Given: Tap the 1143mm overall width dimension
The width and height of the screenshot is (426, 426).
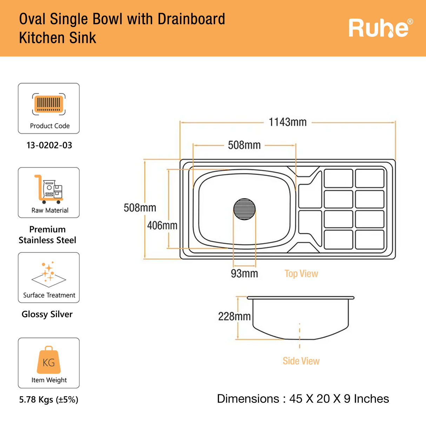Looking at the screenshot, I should tap(287, 122).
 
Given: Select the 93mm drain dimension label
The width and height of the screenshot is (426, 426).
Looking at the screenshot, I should tap(244, 273).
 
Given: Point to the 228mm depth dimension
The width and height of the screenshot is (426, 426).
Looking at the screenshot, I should tap(234, 316).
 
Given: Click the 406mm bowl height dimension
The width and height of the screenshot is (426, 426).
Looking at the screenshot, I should tap(162, 225).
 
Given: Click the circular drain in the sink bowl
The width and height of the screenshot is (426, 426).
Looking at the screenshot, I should tap(245, 209).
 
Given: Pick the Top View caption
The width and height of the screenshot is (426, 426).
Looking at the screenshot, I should tap(301, 274).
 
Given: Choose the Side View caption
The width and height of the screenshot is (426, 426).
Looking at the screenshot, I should tap(301, 361).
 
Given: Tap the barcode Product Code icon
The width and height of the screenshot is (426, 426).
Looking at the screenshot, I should tap(49, 104).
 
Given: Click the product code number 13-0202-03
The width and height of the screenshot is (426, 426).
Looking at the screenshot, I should tap(49, 145).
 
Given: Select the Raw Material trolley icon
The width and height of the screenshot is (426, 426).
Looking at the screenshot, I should tap(49, 189).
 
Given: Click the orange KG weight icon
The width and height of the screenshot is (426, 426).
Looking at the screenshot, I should tap(49, 360).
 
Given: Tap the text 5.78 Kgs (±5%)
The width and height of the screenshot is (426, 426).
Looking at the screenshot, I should tap(49, 399).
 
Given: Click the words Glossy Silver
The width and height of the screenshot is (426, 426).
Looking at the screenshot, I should tap(47, 314).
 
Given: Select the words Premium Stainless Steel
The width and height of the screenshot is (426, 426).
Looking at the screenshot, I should tap(47, 235).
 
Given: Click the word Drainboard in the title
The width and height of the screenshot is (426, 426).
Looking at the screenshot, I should tap(191, 19).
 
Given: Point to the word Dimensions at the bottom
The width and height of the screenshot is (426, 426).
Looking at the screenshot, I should tap(248, 399).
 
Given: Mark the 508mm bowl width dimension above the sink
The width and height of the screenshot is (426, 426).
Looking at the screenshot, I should tap(244, 145).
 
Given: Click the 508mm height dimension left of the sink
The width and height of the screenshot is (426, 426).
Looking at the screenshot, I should tap(140, 208).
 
